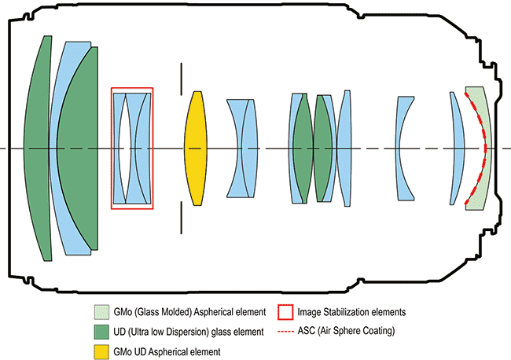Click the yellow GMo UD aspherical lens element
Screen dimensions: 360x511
point(195,148)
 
